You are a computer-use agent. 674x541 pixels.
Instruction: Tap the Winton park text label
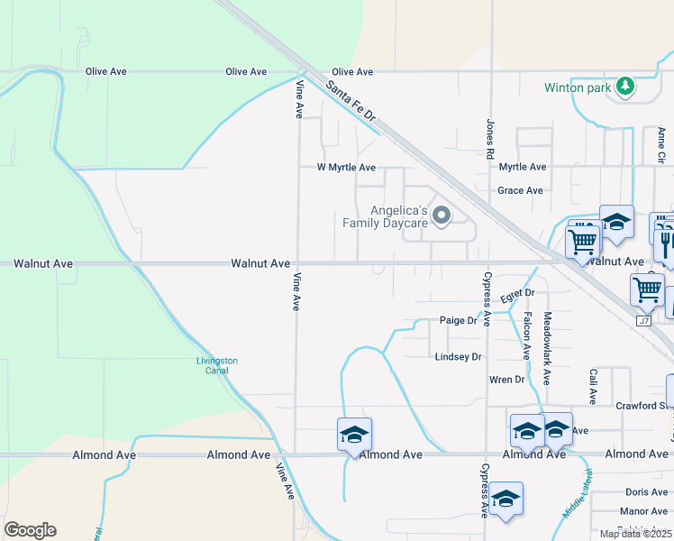pyautogui.click(x=578, y=88)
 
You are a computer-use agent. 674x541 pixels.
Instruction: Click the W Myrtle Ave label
pyautogui.click(x=346, y=168)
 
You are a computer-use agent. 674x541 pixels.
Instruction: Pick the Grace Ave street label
pyautogui.click(x=521, y=191)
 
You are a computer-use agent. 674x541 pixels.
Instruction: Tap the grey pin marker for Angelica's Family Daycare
pyautogui.click(x=442, y=215)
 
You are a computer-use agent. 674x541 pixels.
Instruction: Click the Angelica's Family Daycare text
pyautogui.click(x=385, y=215)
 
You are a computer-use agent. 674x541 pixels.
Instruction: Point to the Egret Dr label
pyautogui.click(x=518, y=294)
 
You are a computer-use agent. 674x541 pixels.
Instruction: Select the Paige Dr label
pyautogui.click(x=458, y=320)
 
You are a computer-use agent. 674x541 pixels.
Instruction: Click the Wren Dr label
pyautogui.click(x=506, y=380)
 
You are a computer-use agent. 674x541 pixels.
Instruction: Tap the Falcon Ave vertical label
pyautogui.click(x=526, y=336)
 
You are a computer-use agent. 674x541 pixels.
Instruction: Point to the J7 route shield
pyautogui.click(x=643, y=321)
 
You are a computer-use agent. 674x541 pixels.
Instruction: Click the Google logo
pyautogui.click(x=30, y=530)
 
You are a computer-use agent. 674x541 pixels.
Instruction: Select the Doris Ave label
pyautogui.click(x=646, y=492)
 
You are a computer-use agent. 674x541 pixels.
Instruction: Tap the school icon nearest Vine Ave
pyautogui.click(x=354, y=434)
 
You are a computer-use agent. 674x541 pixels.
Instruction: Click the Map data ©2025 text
pyautogui.click(x=635, y=534)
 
